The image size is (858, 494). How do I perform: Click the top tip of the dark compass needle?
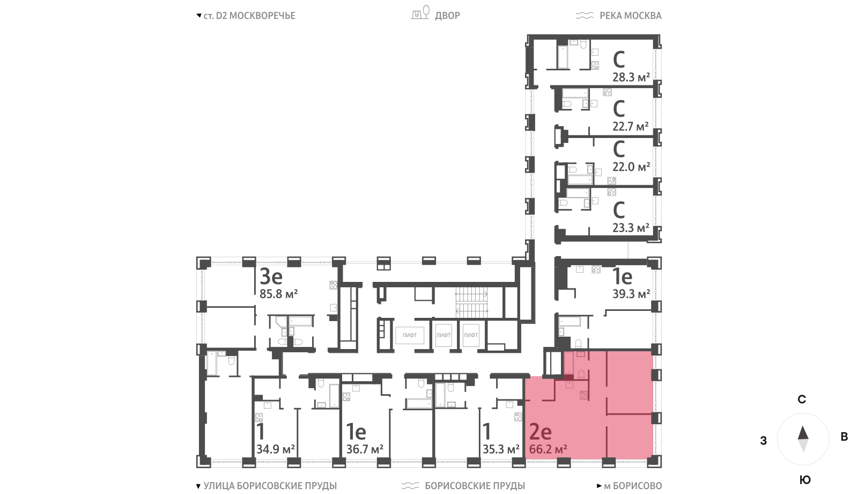click(x=803, y=426)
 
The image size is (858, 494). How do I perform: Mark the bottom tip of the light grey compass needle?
click(x=803, y=453)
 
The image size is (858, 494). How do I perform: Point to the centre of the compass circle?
click(x=803, y=439)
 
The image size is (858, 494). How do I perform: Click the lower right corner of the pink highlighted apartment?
click(x=653, y=459)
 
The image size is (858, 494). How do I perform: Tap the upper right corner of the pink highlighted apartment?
click(x=653, y=351)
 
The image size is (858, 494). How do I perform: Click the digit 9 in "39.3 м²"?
click(x=622, y=294)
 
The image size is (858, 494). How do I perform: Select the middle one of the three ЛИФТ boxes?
click(x=443, y=335)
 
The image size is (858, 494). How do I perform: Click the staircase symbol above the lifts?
click(x=471, y=302)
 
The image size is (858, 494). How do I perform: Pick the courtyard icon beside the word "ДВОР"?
click(x=420, y=13)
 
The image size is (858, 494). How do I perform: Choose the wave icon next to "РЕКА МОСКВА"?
click(x=584, y=16)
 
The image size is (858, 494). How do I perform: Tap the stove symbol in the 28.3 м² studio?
click(x=595, y=66)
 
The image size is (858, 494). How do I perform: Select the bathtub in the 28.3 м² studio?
click(x=563, y=57)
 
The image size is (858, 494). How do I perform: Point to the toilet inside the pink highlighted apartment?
click(x=581, y=374)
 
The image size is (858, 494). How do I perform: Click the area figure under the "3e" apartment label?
click(x=278, y=294)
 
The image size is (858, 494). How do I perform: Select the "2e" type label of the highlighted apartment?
click(x=540, y=432)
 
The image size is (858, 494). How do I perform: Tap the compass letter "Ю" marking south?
click(x=805, y=480)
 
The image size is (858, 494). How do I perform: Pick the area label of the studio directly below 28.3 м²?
click(x=631, y=127)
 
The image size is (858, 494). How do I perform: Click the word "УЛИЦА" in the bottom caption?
click(x=219, y=486)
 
